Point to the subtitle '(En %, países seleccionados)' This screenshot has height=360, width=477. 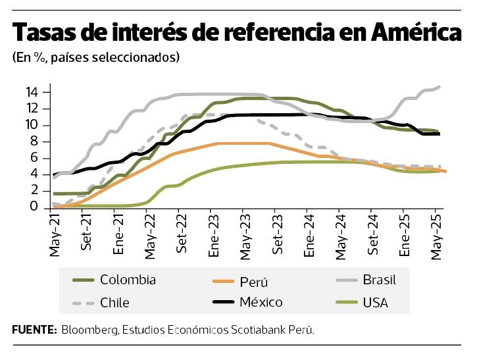tap(95, 58)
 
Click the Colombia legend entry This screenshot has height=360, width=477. tap(128, 280)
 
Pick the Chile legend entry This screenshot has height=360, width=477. tap(114, 303)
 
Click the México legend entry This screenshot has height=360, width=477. tap(261, 302)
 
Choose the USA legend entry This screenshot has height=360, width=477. tap(375, 303)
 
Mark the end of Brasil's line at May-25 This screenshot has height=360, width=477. tap(439, 86)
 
